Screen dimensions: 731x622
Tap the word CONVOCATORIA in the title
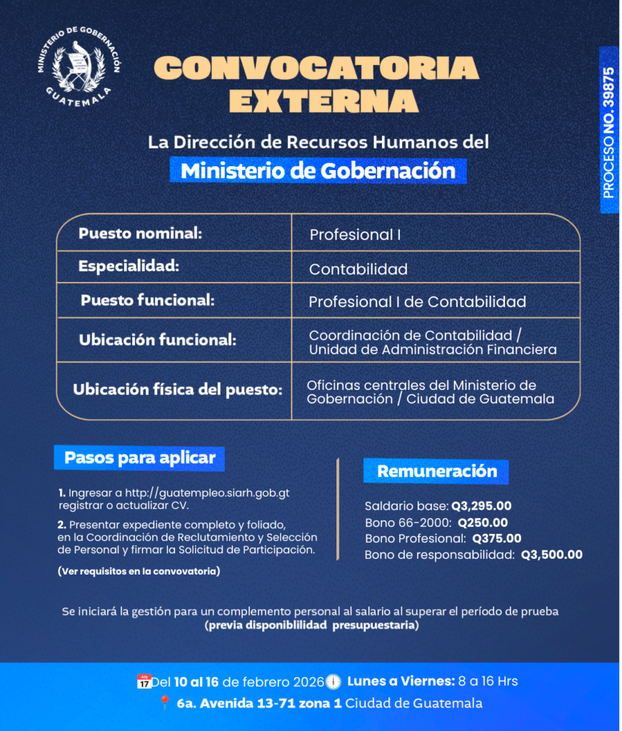[316, 69]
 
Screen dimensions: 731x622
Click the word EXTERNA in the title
[323, 101]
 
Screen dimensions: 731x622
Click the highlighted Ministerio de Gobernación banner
[318, 171]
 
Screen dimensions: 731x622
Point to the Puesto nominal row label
[141, 233]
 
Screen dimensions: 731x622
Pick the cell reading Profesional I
[355, 234]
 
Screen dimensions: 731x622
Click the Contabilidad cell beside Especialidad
[358, 269]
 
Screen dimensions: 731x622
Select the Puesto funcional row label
[147, 301]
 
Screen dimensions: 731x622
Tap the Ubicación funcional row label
[157, 340]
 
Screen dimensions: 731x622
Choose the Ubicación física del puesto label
[178, 390]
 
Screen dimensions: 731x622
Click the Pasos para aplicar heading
[140, 458]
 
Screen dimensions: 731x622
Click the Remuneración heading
[437, 471]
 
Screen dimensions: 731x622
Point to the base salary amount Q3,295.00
[481, 506]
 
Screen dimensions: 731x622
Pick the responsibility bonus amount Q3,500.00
[551, 555]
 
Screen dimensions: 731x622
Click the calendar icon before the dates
[144, 681]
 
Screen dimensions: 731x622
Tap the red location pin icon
[165, 703]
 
